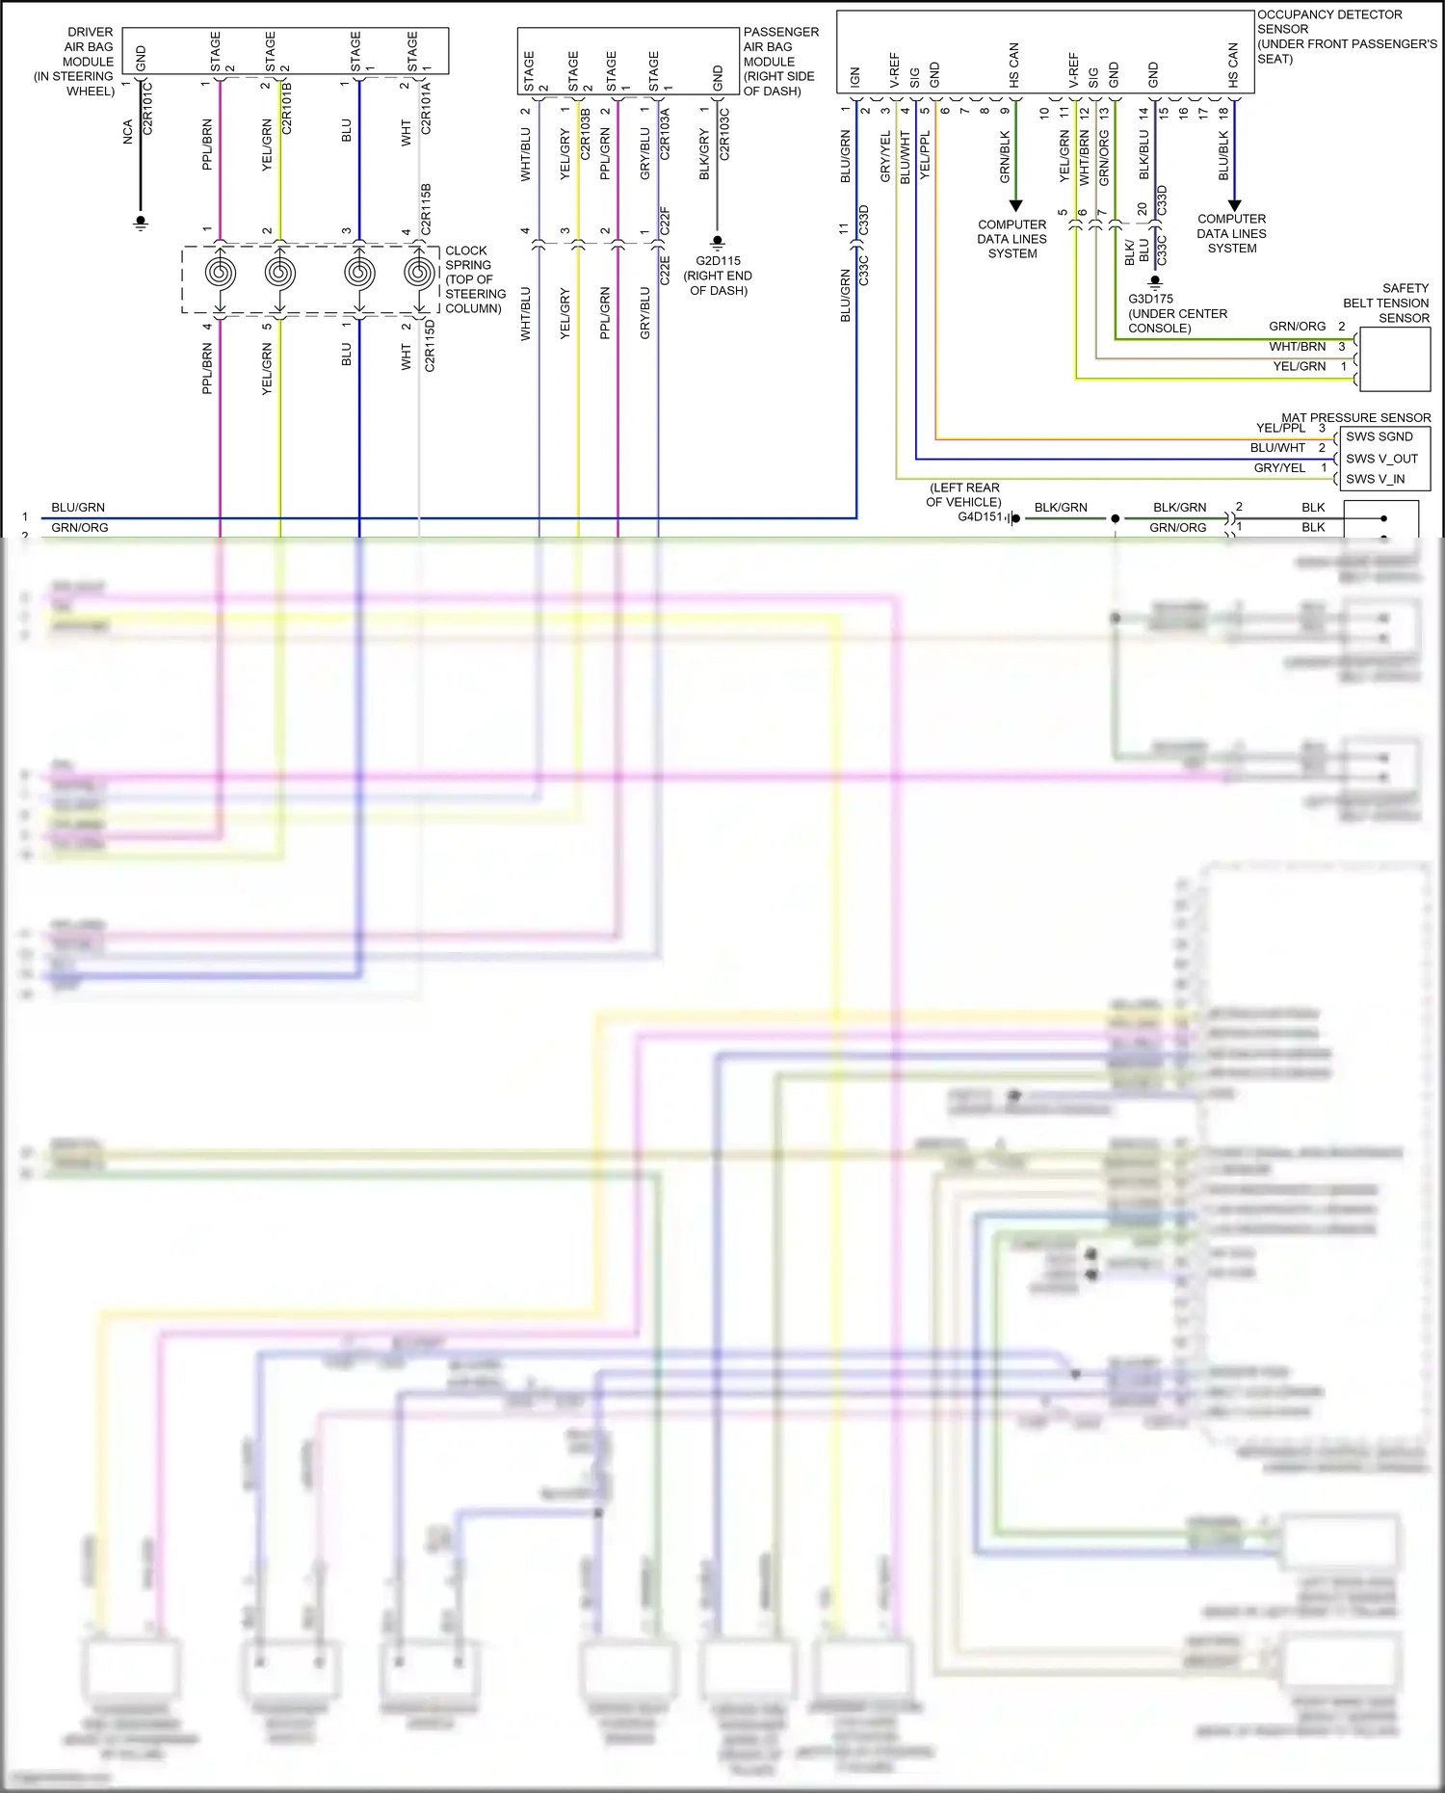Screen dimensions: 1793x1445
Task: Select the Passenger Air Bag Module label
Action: pos(780,62)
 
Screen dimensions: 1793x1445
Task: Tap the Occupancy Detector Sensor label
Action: pos(1346,37)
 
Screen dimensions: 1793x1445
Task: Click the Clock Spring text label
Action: pos(474,279)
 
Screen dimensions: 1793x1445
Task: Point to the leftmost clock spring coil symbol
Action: pos(221,274)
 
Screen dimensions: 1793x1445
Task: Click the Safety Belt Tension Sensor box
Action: pos(1393,358)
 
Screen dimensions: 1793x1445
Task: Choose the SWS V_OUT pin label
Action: pos(1381,459)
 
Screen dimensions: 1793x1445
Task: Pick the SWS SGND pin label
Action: pos(1379,436)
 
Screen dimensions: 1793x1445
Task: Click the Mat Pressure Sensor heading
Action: pos(1355,417)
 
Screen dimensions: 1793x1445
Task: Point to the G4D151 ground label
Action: pos(980,517)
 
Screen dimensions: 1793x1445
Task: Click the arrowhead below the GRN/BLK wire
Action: pos(1014,206)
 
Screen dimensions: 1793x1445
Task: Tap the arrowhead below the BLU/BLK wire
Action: pos(1234,205)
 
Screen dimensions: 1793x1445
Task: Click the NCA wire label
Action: pos(128,133)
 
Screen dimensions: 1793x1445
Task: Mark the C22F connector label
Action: pos(664,220)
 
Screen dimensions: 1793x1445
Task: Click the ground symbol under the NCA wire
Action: pos(141,223)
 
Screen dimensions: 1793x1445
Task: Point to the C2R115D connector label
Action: pos(430,345)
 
